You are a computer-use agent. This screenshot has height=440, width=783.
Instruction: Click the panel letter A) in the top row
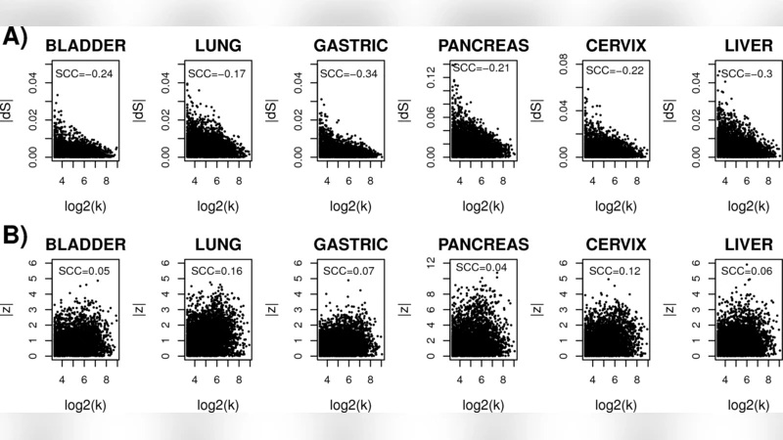tap(17, 37)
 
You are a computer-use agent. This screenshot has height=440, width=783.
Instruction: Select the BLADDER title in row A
tap(86, 45)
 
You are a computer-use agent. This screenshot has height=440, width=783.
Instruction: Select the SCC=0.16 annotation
tap(213, 270)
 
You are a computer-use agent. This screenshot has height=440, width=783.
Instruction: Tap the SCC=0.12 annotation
tap(609, 270)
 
